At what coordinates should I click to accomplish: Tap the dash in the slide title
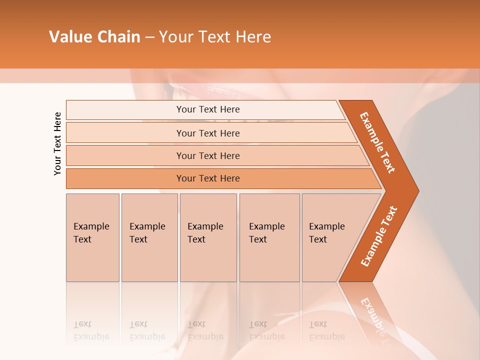tap(149, 37)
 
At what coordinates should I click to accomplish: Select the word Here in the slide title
tap(253, 37)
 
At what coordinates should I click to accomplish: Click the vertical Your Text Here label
tap(57, 143)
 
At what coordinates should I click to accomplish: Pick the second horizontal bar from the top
tap(207, 133)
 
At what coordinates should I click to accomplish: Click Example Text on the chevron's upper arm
tap(377, 142)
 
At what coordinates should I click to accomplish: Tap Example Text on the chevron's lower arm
tap(379, 236)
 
